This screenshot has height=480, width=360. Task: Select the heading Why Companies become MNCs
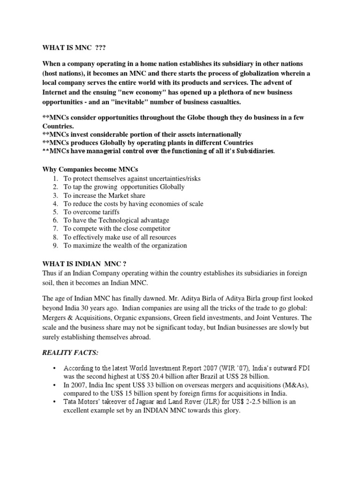tap(90, 169)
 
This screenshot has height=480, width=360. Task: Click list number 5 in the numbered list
tap(55, 212)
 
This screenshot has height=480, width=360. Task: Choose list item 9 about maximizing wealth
tap(125, 246)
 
